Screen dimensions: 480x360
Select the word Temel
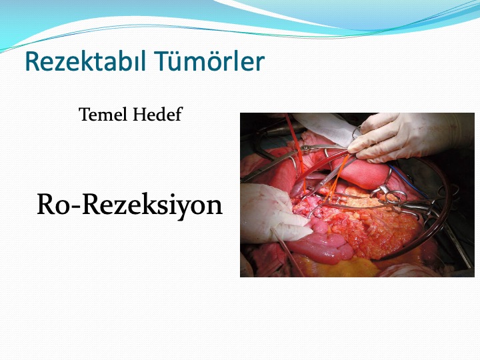(103, 114)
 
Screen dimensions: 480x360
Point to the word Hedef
(157, 114)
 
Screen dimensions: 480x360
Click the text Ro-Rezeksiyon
(129, 205)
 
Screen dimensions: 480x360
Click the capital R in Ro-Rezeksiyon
(46, 204)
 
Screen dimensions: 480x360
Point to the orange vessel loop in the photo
(337, 177)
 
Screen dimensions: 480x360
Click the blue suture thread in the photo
(407, 181)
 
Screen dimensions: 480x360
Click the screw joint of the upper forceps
(305, 149)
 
